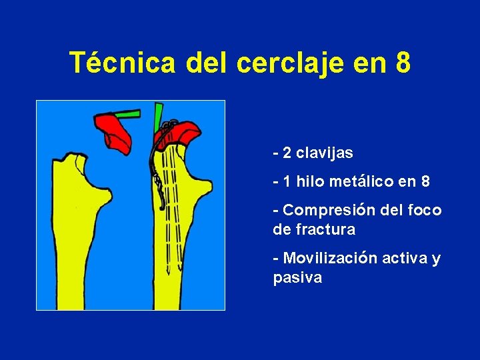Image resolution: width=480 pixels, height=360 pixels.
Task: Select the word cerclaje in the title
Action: [x=289, y=63]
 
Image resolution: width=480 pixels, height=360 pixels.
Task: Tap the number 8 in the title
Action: [x=403, y=63]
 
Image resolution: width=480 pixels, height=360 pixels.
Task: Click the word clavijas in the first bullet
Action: [x=325, y=153]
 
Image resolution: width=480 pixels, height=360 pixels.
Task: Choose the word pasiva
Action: [x=297, y=278]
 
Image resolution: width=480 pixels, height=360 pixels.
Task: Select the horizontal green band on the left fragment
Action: [x=127, y=114]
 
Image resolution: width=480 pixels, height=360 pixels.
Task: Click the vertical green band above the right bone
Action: [x=158, y=117]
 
